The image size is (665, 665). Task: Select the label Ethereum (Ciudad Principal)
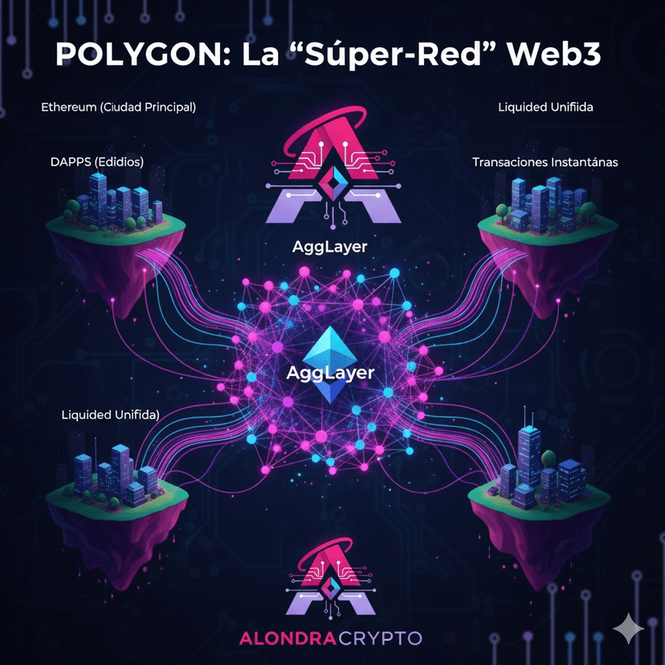pyautogui.click(x=118, y=106)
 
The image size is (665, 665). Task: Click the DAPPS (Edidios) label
pyautogui.click(x=96, y=161)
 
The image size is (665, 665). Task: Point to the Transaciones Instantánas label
pyautogui.click(x=545, y=161)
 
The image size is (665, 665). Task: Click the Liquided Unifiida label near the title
pyautogui.click(x=545, y=106)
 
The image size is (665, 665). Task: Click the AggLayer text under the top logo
pyautogui.click(x=329, y=247)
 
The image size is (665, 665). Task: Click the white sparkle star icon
pyautogui.click(x=628, y=628)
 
